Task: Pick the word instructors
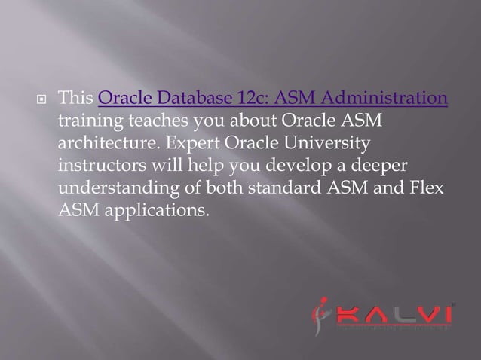click(x=98, y=164)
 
